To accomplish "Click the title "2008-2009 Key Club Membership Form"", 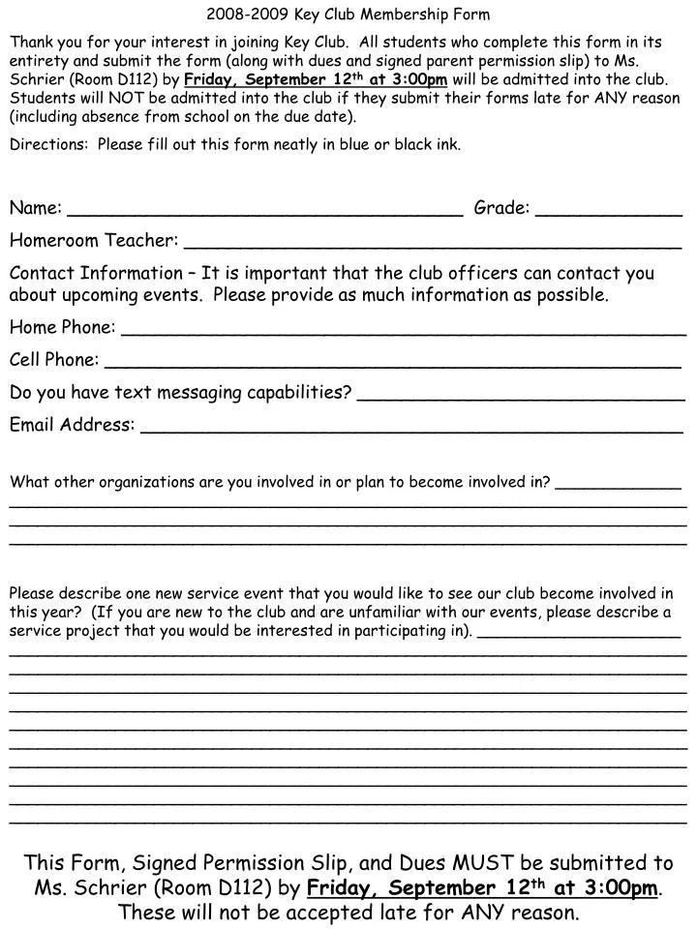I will [x=348, y=15].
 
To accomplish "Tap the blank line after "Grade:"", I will [x=609, y=214].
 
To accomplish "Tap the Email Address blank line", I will [x=411, y=432].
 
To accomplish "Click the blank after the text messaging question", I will [x=521, y=399].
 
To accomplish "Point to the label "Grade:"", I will [x=501, y=207].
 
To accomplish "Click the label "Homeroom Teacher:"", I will [x=93, y=240].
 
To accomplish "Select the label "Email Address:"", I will [x=72, y=425].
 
